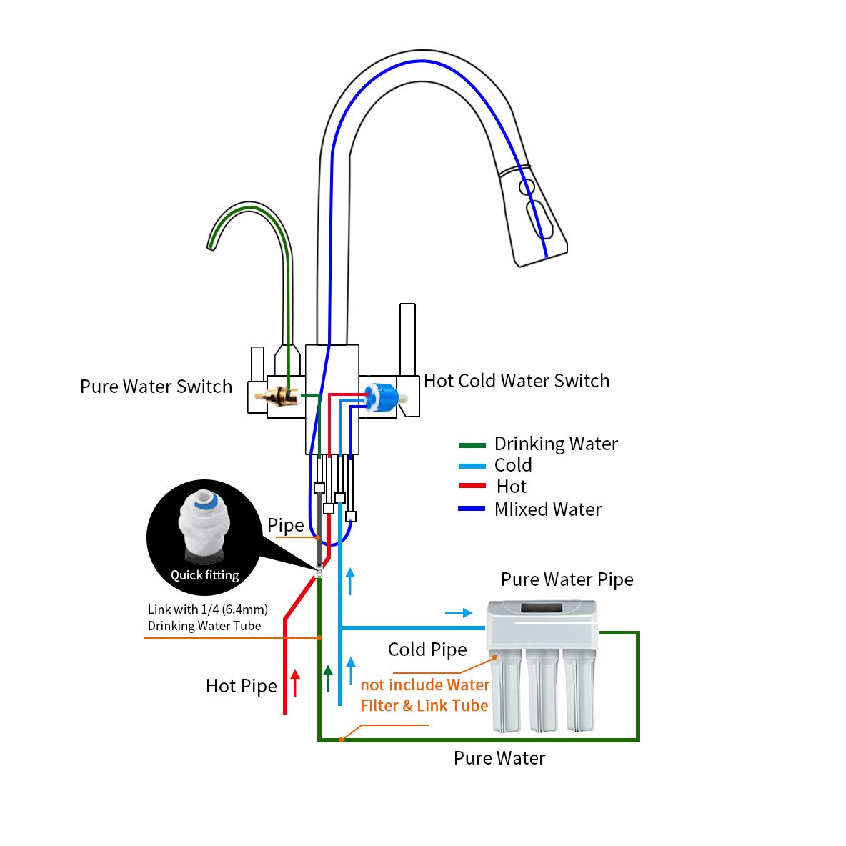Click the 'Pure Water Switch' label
[156, 387]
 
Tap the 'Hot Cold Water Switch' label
[517, 381]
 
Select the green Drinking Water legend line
[472, 445]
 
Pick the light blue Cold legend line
[472, 467]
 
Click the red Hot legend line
[472, 487]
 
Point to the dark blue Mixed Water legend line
[472, 509]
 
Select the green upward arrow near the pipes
[328, 677]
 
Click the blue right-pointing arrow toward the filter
[459, 612]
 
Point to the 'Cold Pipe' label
[427, 650]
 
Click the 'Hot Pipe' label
[242, 686]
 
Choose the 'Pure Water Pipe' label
[567, 579]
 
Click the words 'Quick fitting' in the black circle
[204, 575]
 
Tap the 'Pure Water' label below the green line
[499, 758]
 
